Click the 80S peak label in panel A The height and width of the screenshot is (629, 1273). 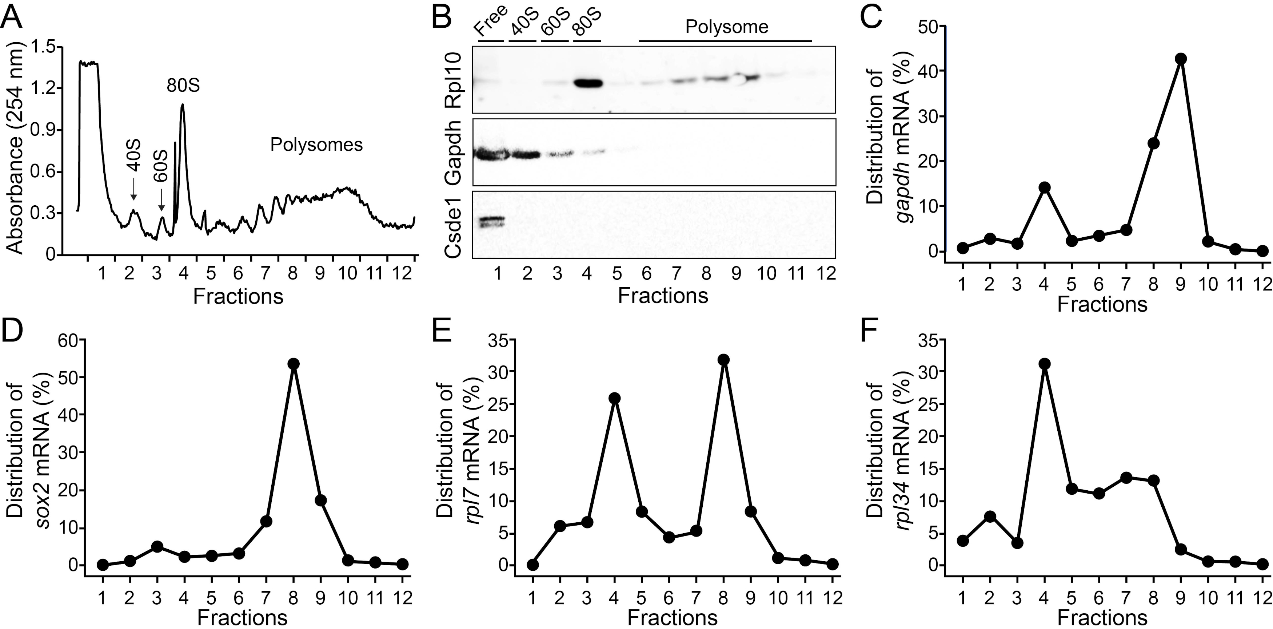183,86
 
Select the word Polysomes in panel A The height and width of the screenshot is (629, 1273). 316,145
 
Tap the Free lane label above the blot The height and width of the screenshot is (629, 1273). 490,23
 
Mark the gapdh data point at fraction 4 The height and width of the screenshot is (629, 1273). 1044,187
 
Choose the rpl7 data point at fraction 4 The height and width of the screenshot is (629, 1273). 615,399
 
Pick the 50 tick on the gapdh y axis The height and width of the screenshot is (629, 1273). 929,26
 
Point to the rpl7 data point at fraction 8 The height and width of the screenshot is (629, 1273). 724,360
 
